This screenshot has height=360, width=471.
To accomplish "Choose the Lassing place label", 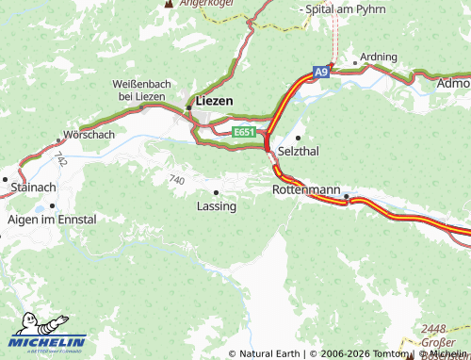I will [217, 205].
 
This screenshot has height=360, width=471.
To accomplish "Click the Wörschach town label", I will [89, 135].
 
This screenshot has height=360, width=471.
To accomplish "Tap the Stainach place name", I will [34, 188].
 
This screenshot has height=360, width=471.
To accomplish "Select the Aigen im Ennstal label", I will [52, 219].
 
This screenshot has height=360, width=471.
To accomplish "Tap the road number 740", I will [176, 178].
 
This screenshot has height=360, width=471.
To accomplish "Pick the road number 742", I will [60, 158].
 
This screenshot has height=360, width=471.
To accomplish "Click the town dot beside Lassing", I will [217, 192].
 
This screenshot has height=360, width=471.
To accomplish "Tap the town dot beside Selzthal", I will [298, 139].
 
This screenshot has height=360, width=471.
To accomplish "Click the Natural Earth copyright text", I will [269, 353].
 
